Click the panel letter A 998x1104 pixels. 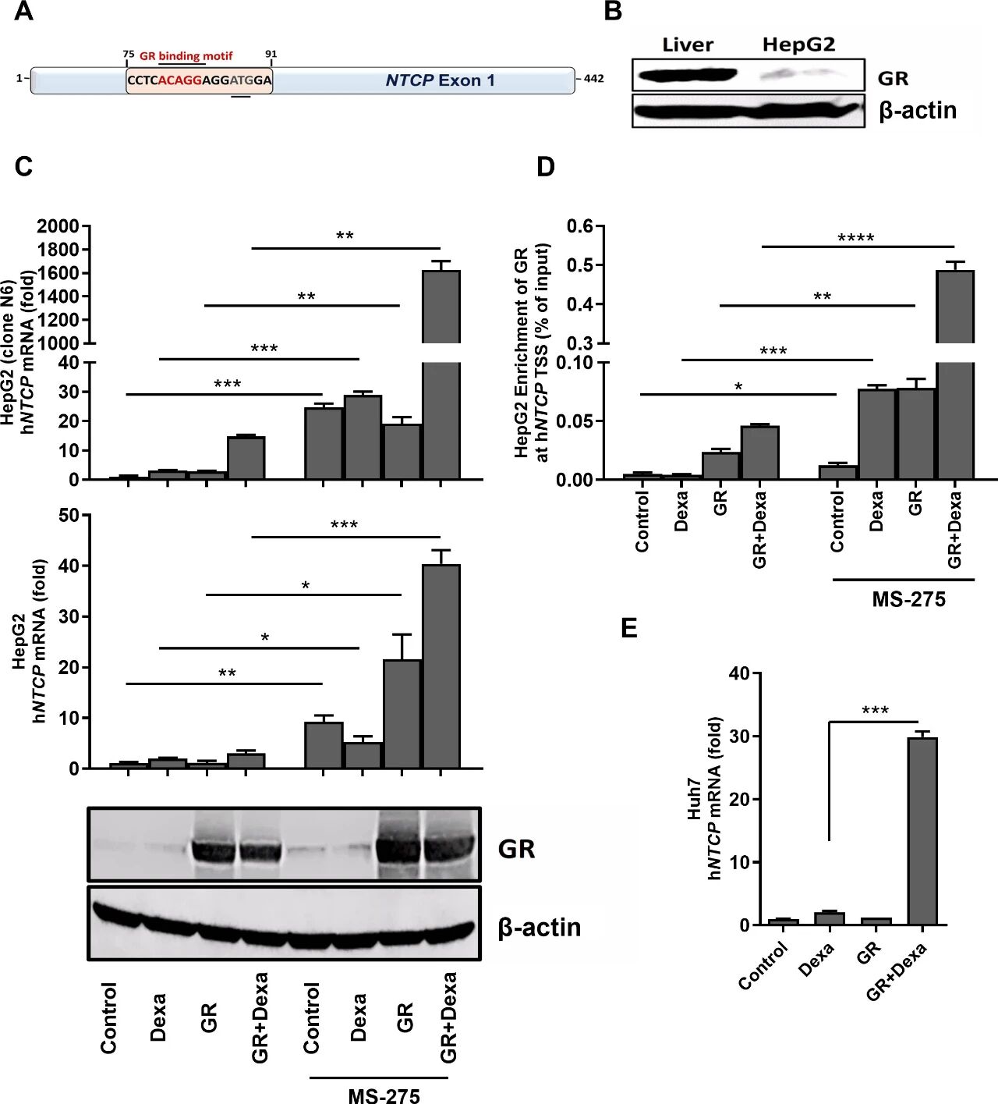[x=24, y=12]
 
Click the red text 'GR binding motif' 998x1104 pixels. [x=186, y=56]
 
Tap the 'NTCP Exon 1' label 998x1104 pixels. [x=440, y=80]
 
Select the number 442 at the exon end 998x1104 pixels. [x=593, y=79]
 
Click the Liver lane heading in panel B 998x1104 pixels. [x=687, y=44]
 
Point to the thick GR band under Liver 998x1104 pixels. [x=687, y=76]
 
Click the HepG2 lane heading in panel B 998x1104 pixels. [x=798, y=44]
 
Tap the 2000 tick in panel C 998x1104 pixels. [x=58, y=226]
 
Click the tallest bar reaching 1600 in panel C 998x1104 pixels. [x=441, y=375]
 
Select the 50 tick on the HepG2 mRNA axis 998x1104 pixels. [x=69, y=515]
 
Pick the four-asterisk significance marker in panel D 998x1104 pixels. [x=855, y=238]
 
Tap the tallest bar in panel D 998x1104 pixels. [x=954, y=375]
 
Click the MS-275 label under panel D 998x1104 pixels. [x=908, y=599]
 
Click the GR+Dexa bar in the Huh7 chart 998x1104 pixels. [x=922, y=831]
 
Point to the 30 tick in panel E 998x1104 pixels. [x=738, y=737]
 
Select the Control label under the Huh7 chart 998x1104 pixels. [x=763, y=966]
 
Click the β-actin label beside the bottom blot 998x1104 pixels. [x=540, y=927]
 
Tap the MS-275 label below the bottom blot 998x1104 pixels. [x=384, y=1095]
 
